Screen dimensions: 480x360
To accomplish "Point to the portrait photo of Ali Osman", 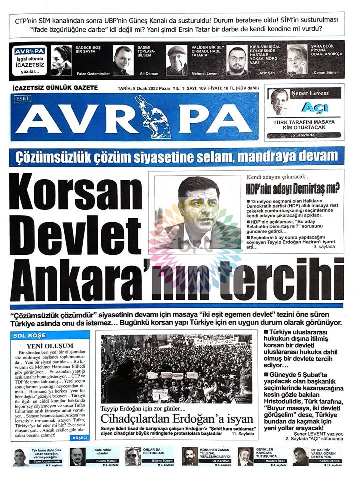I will pos(123,60).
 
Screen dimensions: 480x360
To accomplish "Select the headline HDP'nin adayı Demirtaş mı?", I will pos(292,188).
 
